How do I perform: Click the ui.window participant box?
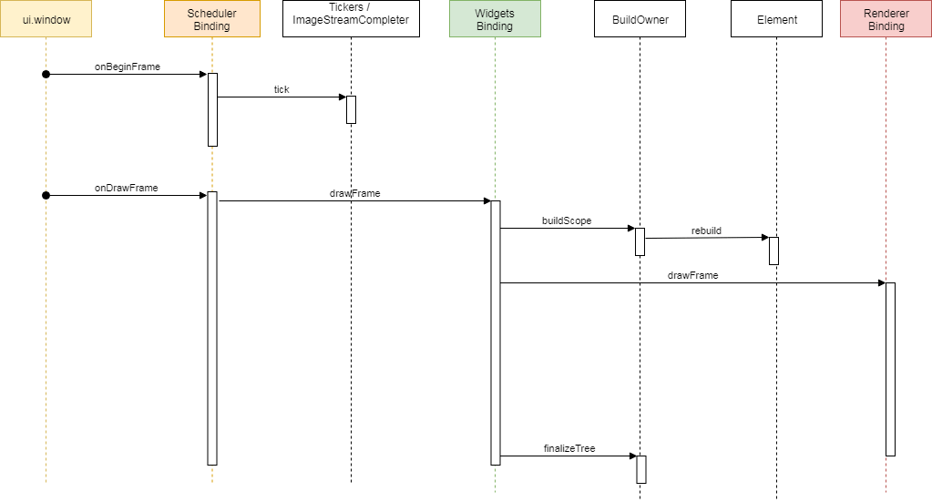pos(46,19)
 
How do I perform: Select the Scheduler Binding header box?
pos(211,19)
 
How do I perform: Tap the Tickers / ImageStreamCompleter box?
pos(351,19)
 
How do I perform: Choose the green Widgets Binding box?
pos(495,19)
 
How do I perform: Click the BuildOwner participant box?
pos(640,19)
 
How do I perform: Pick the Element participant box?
pos(776,19)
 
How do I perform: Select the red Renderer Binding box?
pos(886,19)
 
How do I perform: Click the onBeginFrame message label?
pos(127,67)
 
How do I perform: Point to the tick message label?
pos(282,89)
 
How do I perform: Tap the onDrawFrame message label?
pos(126,188)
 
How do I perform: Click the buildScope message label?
pos(566,220)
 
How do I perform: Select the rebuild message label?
pos(706,231)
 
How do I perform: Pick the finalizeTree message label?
pos(569,448)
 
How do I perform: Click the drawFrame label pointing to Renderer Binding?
pos(692,274)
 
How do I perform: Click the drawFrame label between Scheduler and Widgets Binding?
pos(354,193)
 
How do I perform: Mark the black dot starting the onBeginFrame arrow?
pos(46,74)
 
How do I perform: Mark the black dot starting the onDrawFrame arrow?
pos(46,195)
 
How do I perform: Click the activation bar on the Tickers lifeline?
pos(351,109)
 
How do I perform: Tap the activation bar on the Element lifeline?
pos(773,251)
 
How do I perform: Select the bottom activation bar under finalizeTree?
pos(640,469)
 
